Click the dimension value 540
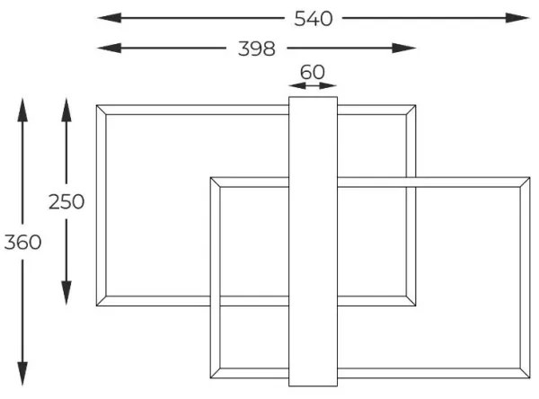pyautogui.click(x=313, y=18)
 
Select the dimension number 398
pyautogui.click(x=256, y=49)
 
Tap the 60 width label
pyautogui.click(x=313, y=71)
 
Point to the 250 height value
pyautogui.click(x=66, y=201)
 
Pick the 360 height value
pyautogui.click(x=22, y=243)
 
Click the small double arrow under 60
pyautogui.click(x=313, y=86)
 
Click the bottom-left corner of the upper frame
pyautogui.click(x=100, y=305)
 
